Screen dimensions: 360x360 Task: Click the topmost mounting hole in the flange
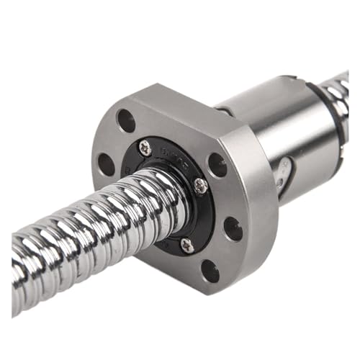coord(125,120)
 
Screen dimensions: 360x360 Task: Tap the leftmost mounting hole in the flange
coord(107,164)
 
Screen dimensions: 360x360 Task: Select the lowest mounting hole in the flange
coord(210,271)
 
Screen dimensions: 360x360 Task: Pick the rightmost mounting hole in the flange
coord(233,228)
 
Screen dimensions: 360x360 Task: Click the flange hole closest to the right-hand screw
coord(217,164)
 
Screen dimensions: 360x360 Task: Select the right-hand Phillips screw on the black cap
coord(201,186)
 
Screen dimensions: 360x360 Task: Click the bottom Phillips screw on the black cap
coord(187,246)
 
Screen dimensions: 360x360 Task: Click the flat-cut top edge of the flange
coord(180,101)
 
